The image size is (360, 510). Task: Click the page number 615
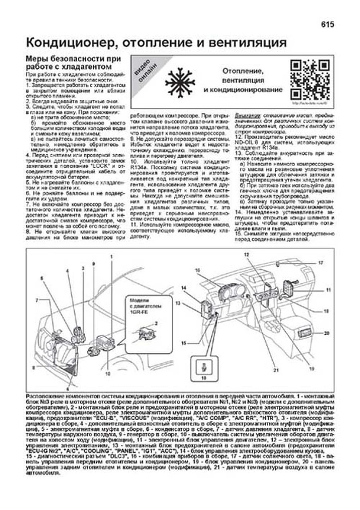328,25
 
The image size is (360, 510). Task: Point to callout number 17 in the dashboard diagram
321,263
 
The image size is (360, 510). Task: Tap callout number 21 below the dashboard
276,370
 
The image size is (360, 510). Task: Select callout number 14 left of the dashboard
184,288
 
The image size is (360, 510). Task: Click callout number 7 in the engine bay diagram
37,300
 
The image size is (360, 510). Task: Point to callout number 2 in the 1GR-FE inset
156,323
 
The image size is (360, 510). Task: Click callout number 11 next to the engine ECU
328,290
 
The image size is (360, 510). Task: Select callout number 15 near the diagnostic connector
184,343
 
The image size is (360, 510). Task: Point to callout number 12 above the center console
247,255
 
